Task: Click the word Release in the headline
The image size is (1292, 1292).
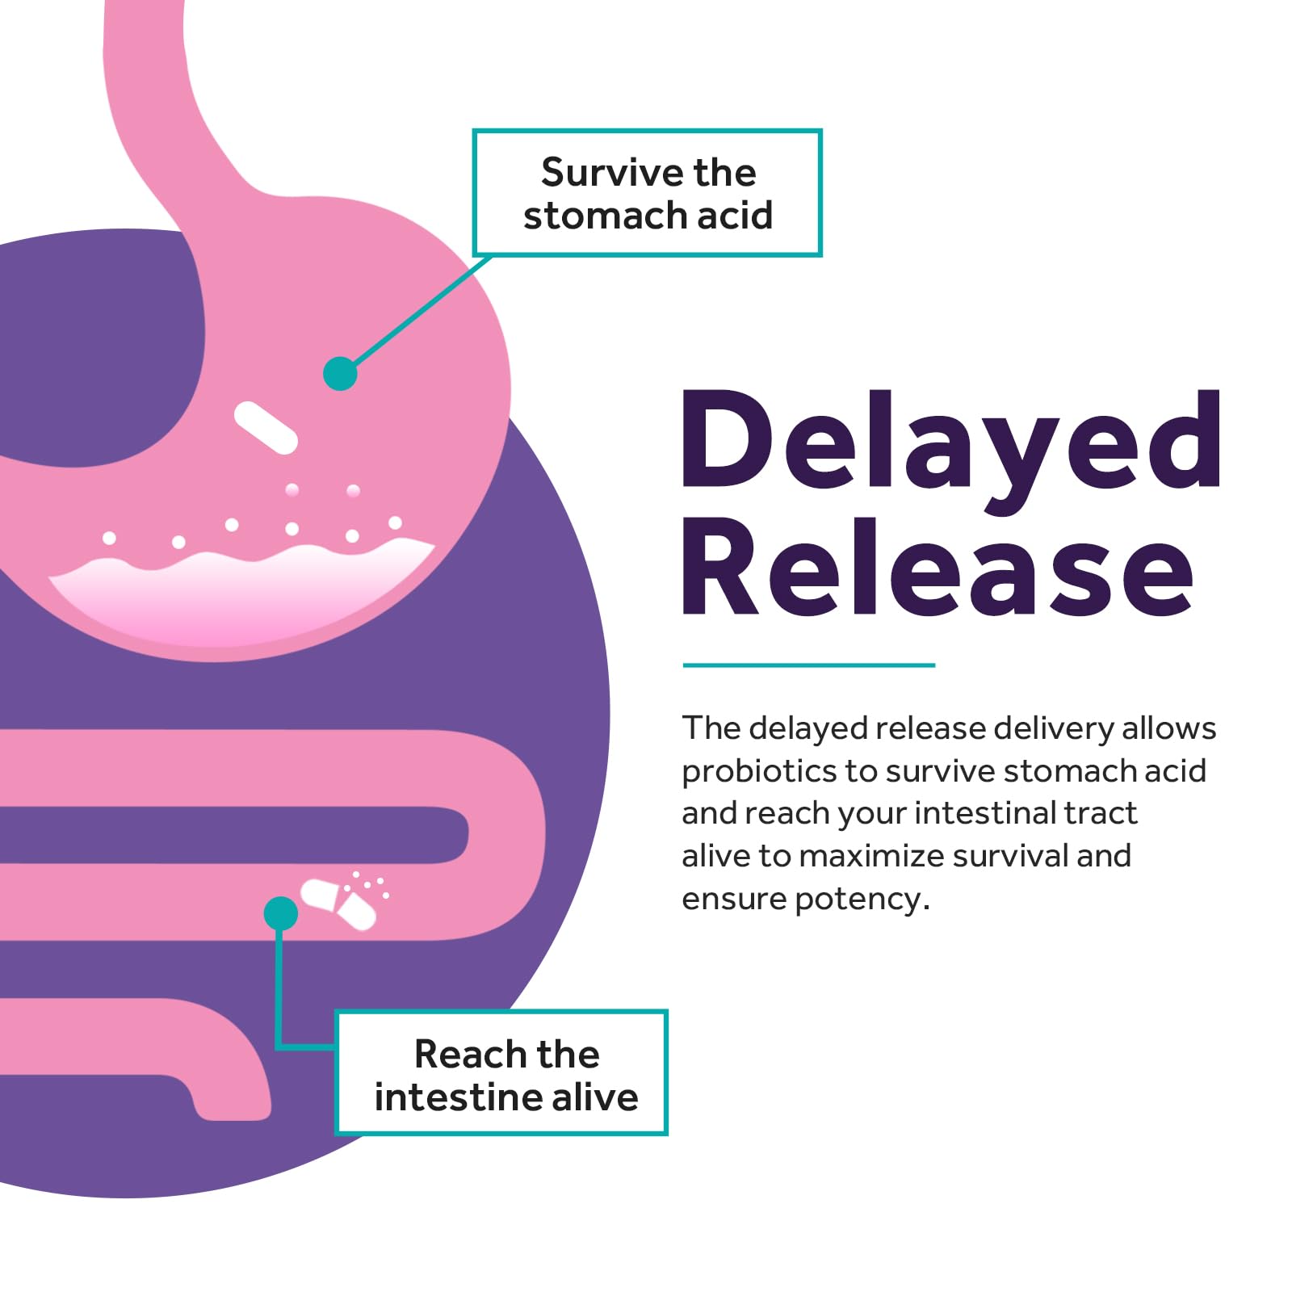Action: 938,567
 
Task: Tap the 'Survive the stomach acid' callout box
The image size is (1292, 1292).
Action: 647,193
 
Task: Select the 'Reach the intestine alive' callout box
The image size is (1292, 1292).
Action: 501,1072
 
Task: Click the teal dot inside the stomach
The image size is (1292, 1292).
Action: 340,374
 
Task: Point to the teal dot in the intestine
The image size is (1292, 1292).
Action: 280,913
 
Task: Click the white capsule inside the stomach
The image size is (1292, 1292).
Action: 266,427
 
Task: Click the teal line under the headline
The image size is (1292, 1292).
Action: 808,665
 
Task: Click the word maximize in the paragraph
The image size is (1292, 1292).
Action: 871,857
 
